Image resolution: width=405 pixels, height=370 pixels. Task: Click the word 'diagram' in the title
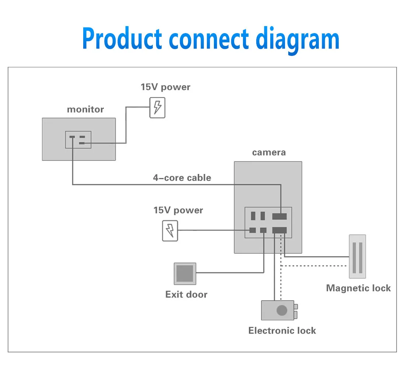(297, 39)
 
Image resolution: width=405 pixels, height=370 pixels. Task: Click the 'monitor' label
(85, 109)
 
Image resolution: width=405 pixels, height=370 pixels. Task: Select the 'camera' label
(269, 153)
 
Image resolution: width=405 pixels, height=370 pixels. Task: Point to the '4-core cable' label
(182, 178)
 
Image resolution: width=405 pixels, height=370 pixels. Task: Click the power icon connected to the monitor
(157, 108)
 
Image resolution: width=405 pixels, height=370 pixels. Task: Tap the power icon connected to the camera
(170, 231)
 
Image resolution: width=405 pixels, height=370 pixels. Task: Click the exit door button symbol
(185, 274)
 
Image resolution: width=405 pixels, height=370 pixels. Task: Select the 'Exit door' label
(186, 294)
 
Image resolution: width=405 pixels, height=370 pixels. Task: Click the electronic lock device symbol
(279, 310)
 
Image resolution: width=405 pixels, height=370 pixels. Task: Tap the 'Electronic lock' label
(282, 331)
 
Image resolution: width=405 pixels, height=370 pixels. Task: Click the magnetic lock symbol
(358, 256)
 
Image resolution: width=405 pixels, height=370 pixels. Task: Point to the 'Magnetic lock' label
(359, 288)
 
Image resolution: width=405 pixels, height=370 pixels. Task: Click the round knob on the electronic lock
(282, 310)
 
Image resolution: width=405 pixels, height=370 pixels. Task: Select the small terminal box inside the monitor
(78, 140)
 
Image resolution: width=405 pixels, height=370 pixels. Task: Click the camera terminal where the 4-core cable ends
(279, 216)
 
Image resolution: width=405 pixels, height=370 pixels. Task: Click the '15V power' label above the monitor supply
(165, 87)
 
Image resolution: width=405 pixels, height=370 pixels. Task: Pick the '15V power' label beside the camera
(178, 210)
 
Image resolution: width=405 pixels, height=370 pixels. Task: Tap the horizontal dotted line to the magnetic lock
(313, 266)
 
